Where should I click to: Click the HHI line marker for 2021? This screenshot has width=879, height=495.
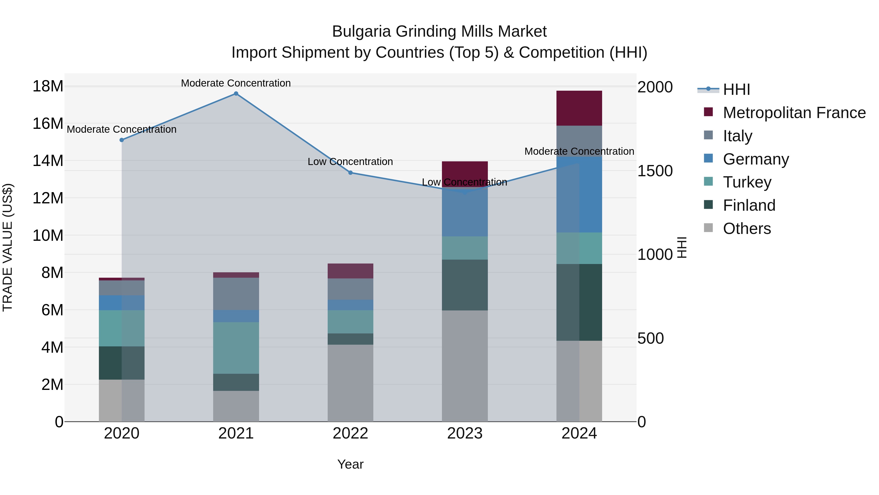point(236,94)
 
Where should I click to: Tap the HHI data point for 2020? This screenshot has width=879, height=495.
point(122,140)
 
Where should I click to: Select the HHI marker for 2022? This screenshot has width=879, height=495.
point(350,173)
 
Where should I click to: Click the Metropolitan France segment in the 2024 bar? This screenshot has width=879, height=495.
point(579,108)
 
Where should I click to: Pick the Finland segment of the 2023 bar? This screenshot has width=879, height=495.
point(465,285)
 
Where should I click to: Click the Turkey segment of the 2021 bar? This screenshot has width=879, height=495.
point(236,348)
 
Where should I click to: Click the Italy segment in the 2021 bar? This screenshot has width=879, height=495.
point(236,294)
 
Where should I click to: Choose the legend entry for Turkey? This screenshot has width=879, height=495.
point(747,182)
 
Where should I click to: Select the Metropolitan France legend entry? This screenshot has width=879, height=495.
point(794,113)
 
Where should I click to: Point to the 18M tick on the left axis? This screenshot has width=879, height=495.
point(48,86)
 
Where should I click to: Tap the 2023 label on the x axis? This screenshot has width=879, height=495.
point(465,433)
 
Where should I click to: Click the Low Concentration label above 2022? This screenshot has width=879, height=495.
point(350,162)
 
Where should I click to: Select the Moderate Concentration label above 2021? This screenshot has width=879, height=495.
point(236,83)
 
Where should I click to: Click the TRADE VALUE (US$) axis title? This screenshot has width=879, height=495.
point(8,247)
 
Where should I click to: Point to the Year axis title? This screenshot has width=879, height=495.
point(350,464)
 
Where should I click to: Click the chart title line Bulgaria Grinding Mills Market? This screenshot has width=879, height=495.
point(439,32)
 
